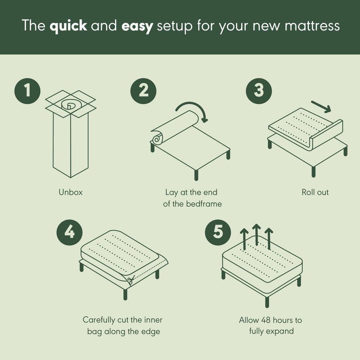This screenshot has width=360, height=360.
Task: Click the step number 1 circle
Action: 27,90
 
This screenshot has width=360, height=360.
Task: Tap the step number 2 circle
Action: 144,90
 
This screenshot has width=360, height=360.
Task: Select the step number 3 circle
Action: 259,90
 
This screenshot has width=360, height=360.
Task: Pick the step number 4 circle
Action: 69,232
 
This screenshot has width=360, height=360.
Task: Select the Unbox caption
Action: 71,192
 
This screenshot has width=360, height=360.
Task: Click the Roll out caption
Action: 315,192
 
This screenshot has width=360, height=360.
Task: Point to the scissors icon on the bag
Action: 130,279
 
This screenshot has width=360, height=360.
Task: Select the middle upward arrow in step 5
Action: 256,234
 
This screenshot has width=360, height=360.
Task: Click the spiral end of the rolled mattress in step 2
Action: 157,138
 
